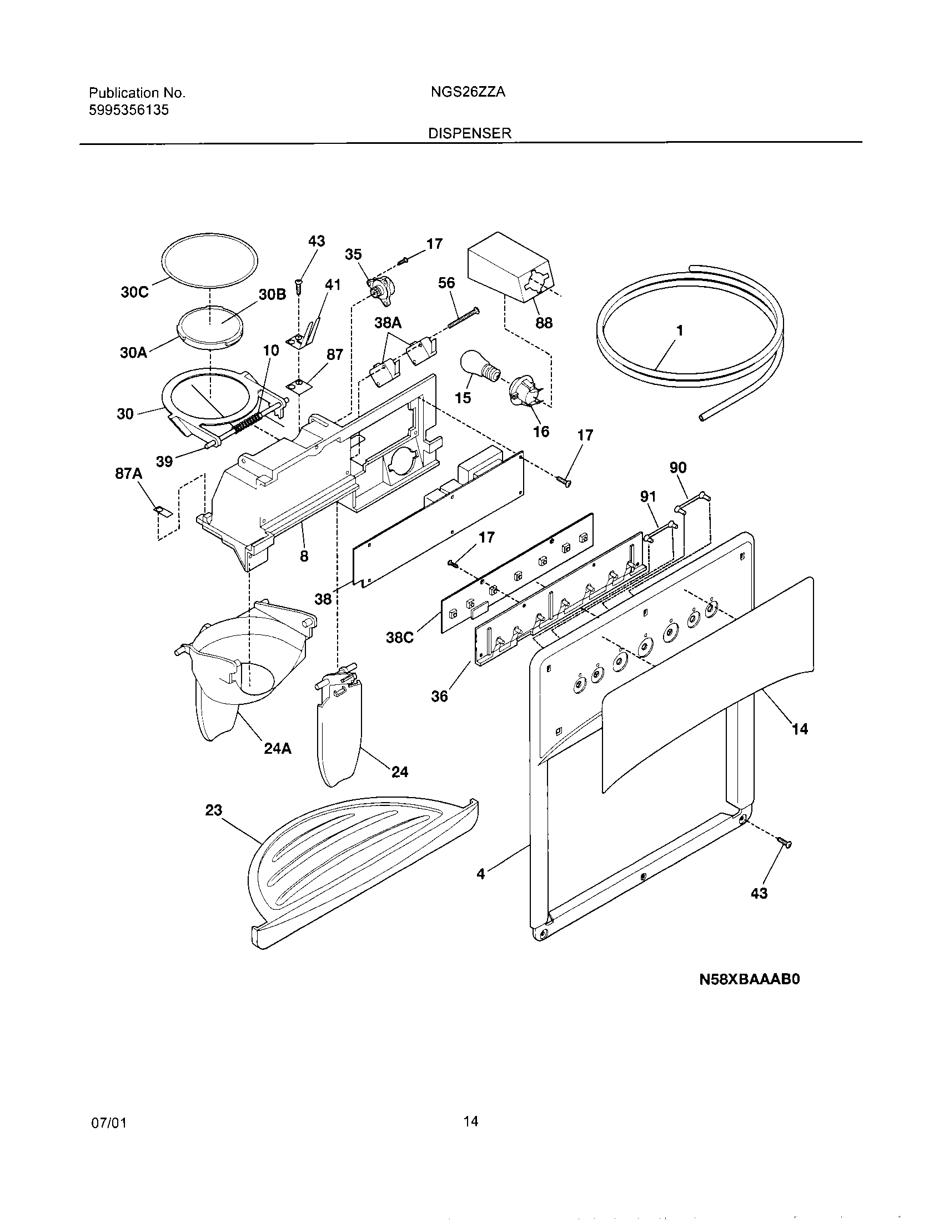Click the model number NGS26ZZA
468,92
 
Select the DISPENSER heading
470,133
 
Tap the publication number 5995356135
129,110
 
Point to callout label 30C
135,292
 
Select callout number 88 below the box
544,323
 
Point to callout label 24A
278,748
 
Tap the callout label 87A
129,474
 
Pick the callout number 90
678,467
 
